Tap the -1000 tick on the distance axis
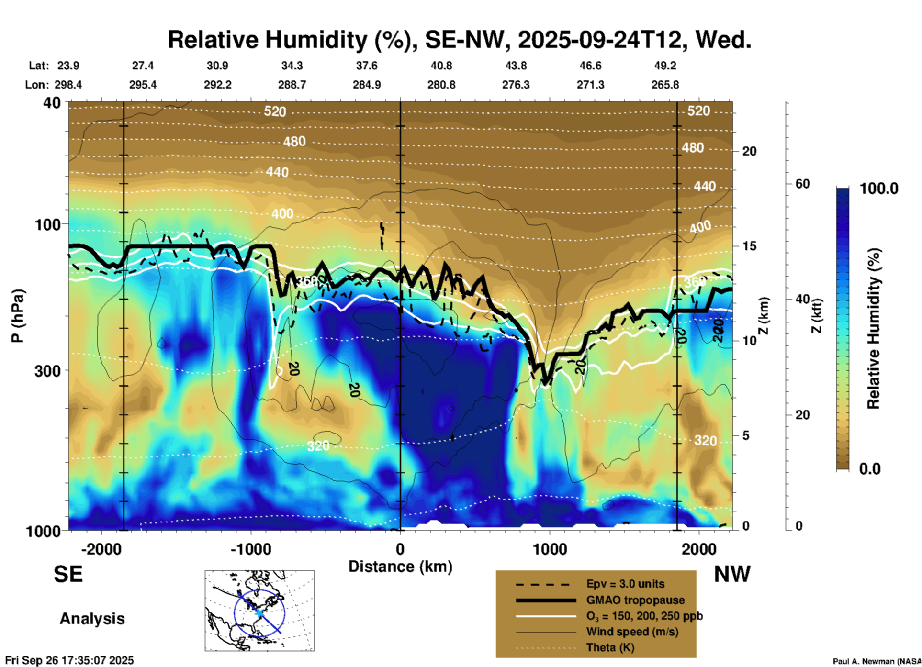coord(250,549)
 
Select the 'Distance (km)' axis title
coord(400,567)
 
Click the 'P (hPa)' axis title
coord(18,316)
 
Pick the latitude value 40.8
coord(441,66)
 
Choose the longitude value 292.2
coord(218,85)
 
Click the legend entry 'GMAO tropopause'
coord(635,600)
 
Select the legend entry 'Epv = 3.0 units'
coord(625,584)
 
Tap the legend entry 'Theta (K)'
coord(610,647)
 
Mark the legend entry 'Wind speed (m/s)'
coord(632,632)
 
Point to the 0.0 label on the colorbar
coord(870,469)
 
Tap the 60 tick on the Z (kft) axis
coord(802,184)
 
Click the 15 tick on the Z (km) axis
coord(749,246)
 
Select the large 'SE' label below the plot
coord(68,574)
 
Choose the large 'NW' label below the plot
coord(732,574)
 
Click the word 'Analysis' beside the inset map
coord(92,619)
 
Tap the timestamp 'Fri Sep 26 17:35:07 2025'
coord(69,660)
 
